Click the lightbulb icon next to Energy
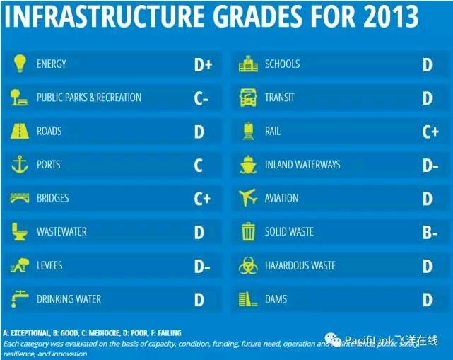[19, 64]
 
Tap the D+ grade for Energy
[203, 65]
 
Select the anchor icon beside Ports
[19, 165]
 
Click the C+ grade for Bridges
[202, 199]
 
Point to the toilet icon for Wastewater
[19, 231]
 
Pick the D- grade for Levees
[202, 267]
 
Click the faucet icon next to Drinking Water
[19, 298]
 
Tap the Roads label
[49, 132]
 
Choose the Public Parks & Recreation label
[89, 98]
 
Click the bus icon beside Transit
[247, 98]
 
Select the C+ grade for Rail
[430, 132]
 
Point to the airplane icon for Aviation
[248, 198]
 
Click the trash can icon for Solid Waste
[248, 231]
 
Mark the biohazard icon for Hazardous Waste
[248, 265]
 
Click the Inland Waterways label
[302, 165]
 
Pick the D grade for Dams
[427, 300]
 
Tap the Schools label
[282, 64]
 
